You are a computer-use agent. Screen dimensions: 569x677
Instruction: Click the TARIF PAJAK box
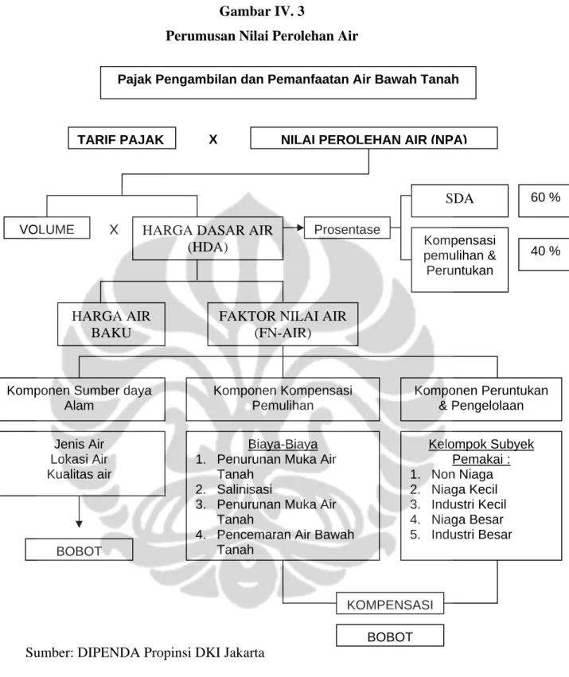pyautogui.click(x=122, y=138)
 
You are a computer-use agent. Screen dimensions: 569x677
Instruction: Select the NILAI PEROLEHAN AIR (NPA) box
pyautogui.click(x=374, y=138)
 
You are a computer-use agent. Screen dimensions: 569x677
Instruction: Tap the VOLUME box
pyautogui.click(x=47, y=228)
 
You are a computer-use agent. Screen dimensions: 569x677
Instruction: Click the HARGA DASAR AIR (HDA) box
pyautogui.click(x=208, y=239)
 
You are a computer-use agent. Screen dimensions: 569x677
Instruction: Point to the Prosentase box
pyautogui.click(x=347, y=228)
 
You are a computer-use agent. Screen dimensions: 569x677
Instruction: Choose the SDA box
pyautogui.click(x=460, y=200)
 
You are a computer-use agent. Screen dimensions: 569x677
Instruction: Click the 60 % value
pyautogui.click(x=545, y=197)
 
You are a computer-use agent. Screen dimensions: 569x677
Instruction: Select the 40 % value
pyautogui.click(x=545, y=251)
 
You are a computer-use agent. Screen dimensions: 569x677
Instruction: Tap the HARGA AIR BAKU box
pyautogui.click(x=111, y=325)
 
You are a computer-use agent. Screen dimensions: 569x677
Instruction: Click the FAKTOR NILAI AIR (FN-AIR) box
pyautogui.click(x=283, y=325)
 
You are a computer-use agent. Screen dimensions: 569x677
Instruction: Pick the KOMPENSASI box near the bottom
pyautogui.click(x=390, y=604)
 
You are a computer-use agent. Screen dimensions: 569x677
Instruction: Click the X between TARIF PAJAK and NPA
pyautogui.click(x=213, y=139)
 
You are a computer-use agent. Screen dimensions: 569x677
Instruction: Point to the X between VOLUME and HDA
pyautogui.click(x=114, y=229)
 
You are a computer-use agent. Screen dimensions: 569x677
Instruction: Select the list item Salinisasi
pyautogui.click(x=244, y=489)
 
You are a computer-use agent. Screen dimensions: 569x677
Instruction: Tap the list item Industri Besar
pyautogui.click(x=471, y=535)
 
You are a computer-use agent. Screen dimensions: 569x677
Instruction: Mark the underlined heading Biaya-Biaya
pyautogui.click(x=283, y=444)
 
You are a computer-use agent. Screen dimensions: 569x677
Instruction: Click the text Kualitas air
pyautogui.click(x=79, y=474)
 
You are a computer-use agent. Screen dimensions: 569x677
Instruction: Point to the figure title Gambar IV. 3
pyautogui.click(x=262, y=11)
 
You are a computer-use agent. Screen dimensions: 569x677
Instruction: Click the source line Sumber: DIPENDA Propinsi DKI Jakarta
pyautogui.click(x=145, y=652)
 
